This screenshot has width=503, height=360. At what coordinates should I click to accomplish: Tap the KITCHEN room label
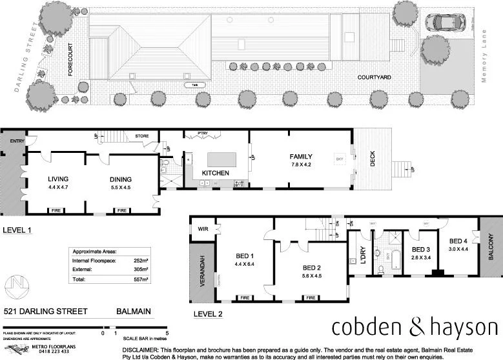click(x=216, y=174)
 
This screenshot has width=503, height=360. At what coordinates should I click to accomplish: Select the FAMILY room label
click(x=301, y=156)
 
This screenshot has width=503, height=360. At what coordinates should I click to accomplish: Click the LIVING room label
click(x=58, y=179)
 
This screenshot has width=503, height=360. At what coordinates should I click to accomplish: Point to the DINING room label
click(x=120, y=179)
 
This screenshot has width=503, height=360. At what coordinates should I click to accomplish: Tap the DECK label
click(x=372, y=159)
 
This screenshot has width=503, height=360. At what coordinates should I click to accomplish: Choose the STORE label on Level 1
click(x=142, y=136)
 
